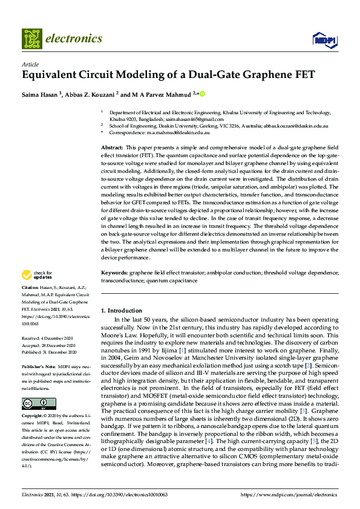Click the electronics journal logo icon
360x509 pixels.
pos(32,39)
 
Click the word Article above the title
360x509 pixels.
pos(30,64)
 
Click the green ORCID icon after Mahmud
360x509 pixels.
pos(203,94)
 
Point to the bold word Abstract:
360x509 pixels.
pos(112,148)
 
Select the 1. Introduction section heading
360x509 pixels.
pos(121,311)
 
